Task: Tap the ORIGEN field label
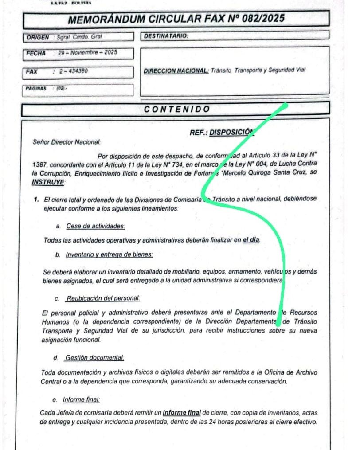click(x=38, y=38)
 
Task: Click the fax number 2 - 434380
click(x=72, y=71)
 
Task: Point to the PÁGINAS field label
click(x=36, y=88)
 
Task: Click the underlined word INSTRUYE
click(x=48, y=182)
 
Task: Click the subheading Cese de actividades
click(x=95, y=226)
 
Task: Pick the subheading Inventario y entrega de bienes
click(x=109, y=255)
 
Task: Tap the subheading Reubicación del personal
click(x=103, y=299)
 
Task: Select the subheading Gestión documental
click(x=94, y=357)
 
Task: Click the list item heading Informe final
click(x=81, y=400)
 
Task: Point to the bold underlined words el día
click(x=251, y=240)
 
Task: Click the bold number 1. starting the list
click(x=37, y=200)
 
